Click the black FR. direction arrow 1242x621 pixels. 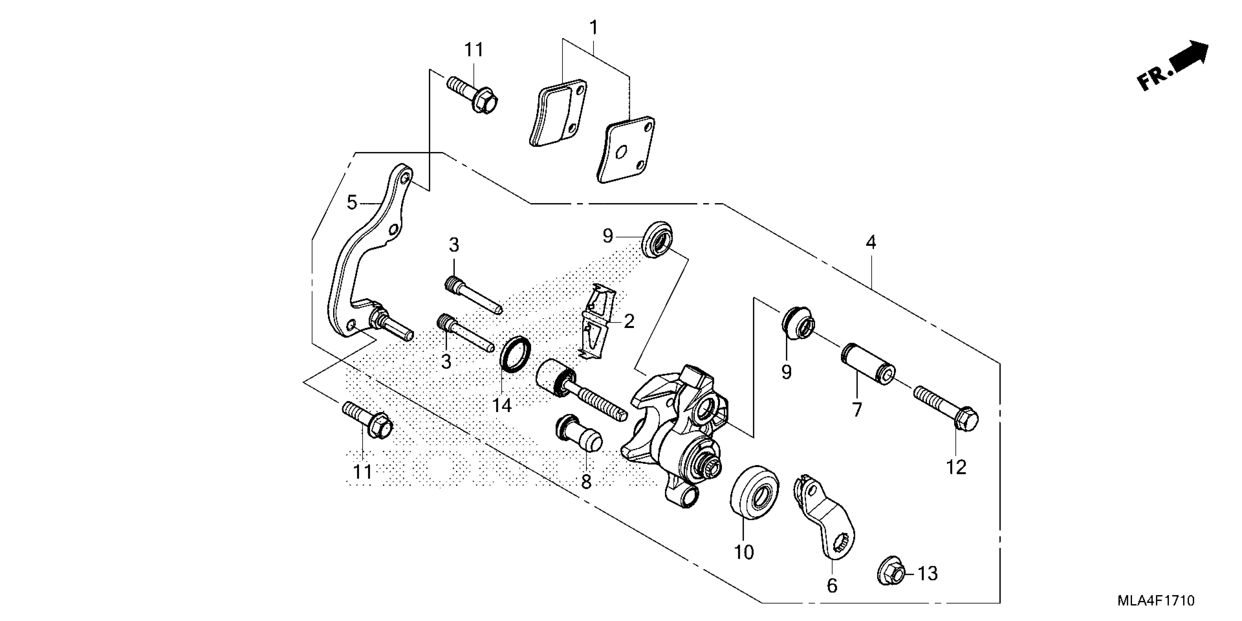[x=1190, y=57]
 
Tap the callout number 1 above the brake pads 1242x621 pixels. [x=594, y=27]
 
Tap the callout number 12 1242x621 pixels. [x=956, y=467]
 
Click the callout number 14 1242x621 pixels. [x=502, y=405]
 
